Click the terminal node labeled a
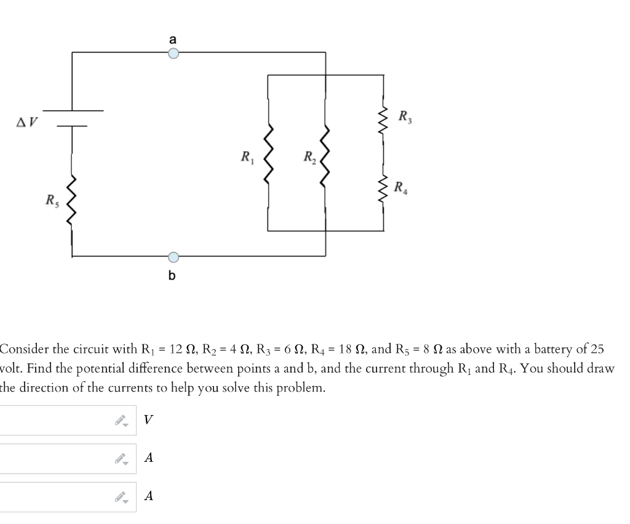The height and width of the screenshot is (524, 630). [173, 53]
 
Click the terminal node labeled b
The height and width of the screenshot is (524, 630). [173, 256]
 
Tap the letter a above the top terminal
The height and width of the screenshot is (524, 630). [173, 39]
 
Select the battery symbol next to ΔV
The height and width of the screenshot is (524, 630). [73, 118]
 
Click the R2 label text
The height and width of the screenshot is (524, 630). [308, 158]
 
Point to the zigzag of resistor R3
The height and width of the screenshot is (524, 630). [383, 114]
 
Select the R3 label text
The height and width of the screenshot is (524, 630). [405, 115]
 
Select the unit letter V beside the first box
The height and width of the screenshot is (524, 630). [148, 420]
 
